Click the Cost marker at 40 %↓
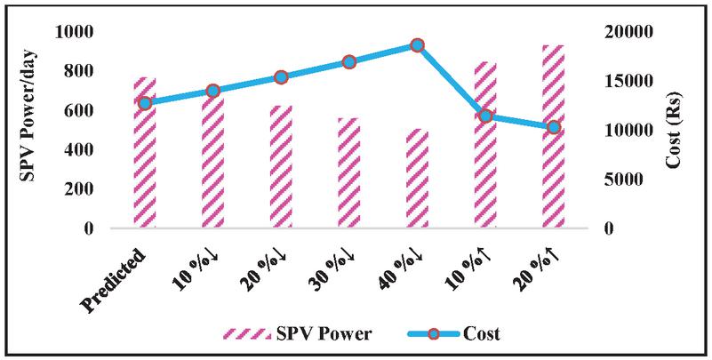(417, 45)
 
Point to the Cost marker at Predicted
(145, 103)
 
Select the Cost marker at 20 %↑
(553, 127)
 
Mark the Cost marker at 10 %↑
(485, 116)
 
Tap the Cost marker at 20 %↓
(281, 77)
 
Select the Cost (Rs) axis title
(682, 130)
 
